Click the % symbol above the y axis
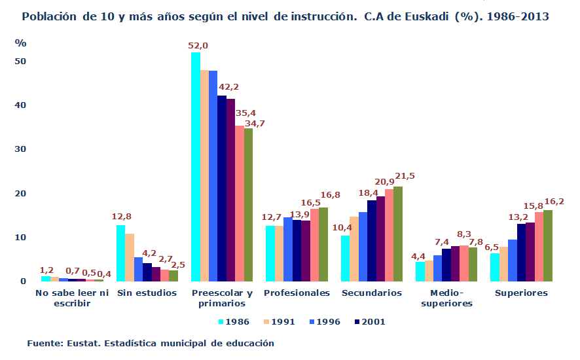(x=20, y=43)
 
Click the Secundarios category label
(x=371, y=293)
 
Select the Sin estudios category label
(x=147, y=293)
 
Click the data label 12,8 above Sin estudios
(x=122, y=217)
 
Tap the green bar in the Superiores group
(x=548, y=245)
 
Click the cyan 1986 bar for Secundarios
(x=345, y=258)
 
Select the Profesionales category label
(x=297, y=293)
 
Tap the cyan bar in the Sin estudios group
(x=120, y=253)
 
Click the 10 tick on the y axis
(x=20, y=238)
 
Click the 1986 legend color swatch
(x=221, y=321)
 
